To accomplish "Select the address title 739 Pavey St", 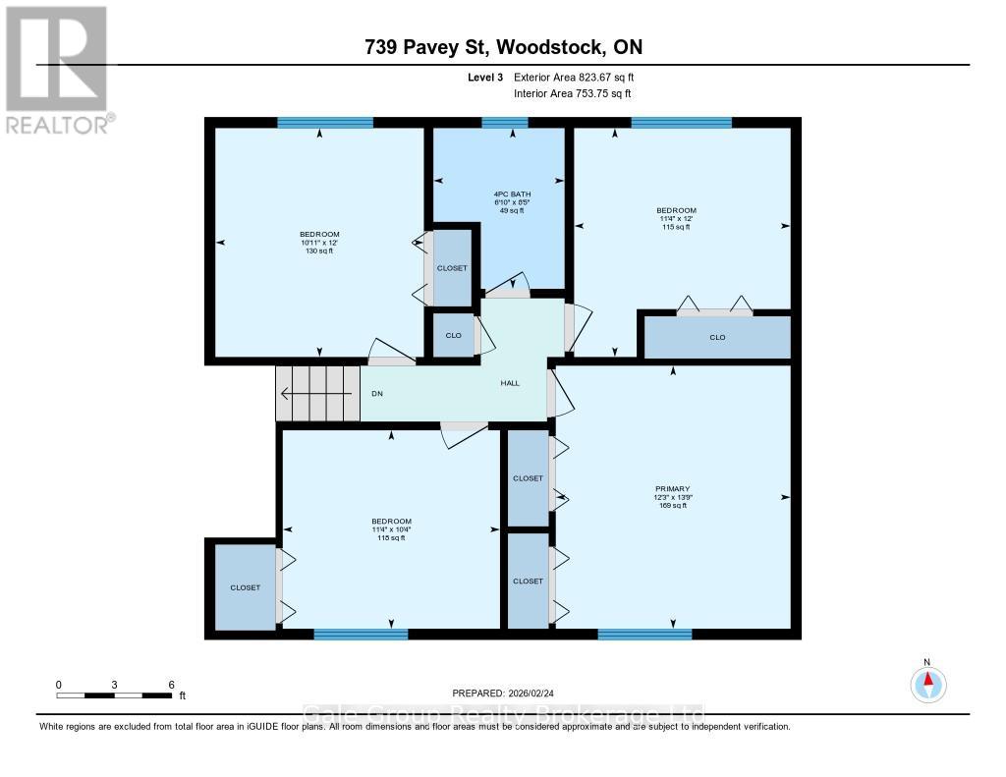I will pos(503,47).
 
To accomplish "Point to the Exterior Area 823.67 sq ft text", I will pos(581,78).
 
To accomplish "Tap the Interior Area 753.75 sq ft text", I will pos(572,93).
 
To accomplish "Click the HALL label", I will pos(509,384).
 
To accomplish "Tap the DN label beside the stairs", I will pos(376,394).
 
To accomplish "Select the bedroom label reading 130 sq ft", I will pos(319,242).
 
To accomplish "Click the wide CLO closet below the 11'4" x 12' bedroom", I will pos(716,338).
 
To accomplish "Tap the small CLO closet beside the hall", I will pos(453,335).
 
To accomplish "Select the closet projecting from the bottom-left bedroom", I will pos(245,587).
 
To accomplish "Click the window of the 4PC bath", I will pos(505,123).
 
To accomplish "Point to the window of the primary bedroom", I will pos(644,634).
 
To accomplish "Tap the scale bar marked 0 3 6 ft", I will pos(115,694).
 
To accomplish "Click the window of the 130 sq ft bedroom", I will pos(325,123).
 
